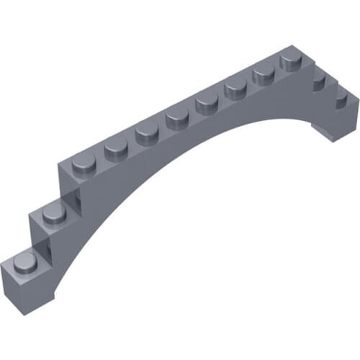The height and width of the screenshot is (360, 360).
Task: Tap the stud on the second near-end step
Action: pos(53,210)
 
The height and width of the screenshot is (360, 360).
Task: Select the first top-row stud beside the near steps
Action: pos(85,164)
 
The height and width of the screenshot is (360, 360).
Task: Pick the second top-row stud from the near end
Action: pos(115,149)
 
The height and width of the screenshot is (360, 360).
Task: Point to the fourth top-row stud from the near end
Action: pos(177,117)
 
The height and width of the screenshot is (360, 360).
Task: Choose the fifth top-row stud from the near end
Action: pos(207,102)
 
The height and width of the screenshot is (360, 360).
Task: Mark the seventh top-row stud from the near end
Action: pos(264,72)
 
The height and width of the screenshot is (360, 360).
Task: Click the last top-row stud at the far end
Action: pos(292,58)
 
